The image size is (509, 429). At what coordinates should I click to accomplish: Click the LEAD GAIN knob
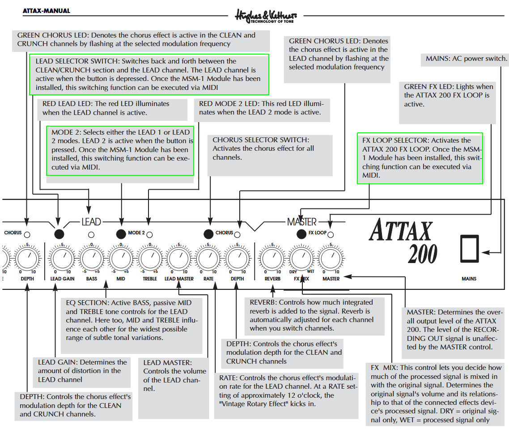(62, 259)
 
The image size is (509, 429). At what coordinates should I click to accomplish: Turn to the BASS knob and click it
(92, 259)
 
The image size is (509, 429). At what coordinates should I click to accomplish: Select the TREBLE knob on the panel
(150, 259)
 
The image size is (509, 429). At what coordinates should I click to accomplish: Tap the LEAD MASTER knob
(179, 259)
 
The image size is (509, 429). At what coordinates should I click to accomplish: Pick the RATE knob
(208, 259)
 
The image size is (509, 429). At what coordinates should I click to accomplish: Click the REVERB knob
(272, 259)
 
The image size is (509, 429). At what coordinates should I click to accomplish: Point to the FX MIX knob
(301, 259)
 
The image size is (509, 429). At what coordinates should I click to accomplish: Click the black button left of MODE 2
(121, 234)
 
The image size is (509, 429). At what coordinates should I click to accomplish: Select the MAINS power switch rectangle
(469, 248)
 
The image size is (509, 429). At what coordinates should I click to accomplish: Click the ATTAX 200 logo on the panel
(402, 242)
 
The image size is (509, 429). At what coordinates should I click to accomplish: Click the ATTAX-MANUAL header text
(47, 11)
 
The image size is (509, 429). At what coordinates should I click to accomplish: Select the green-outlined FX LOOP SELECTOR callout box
(420, 158)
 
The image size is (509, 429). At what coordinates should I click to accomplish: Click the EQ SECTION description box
(132, 320)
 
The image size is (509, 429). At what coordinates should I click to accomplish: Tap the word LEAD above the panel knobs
(91, 222)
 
